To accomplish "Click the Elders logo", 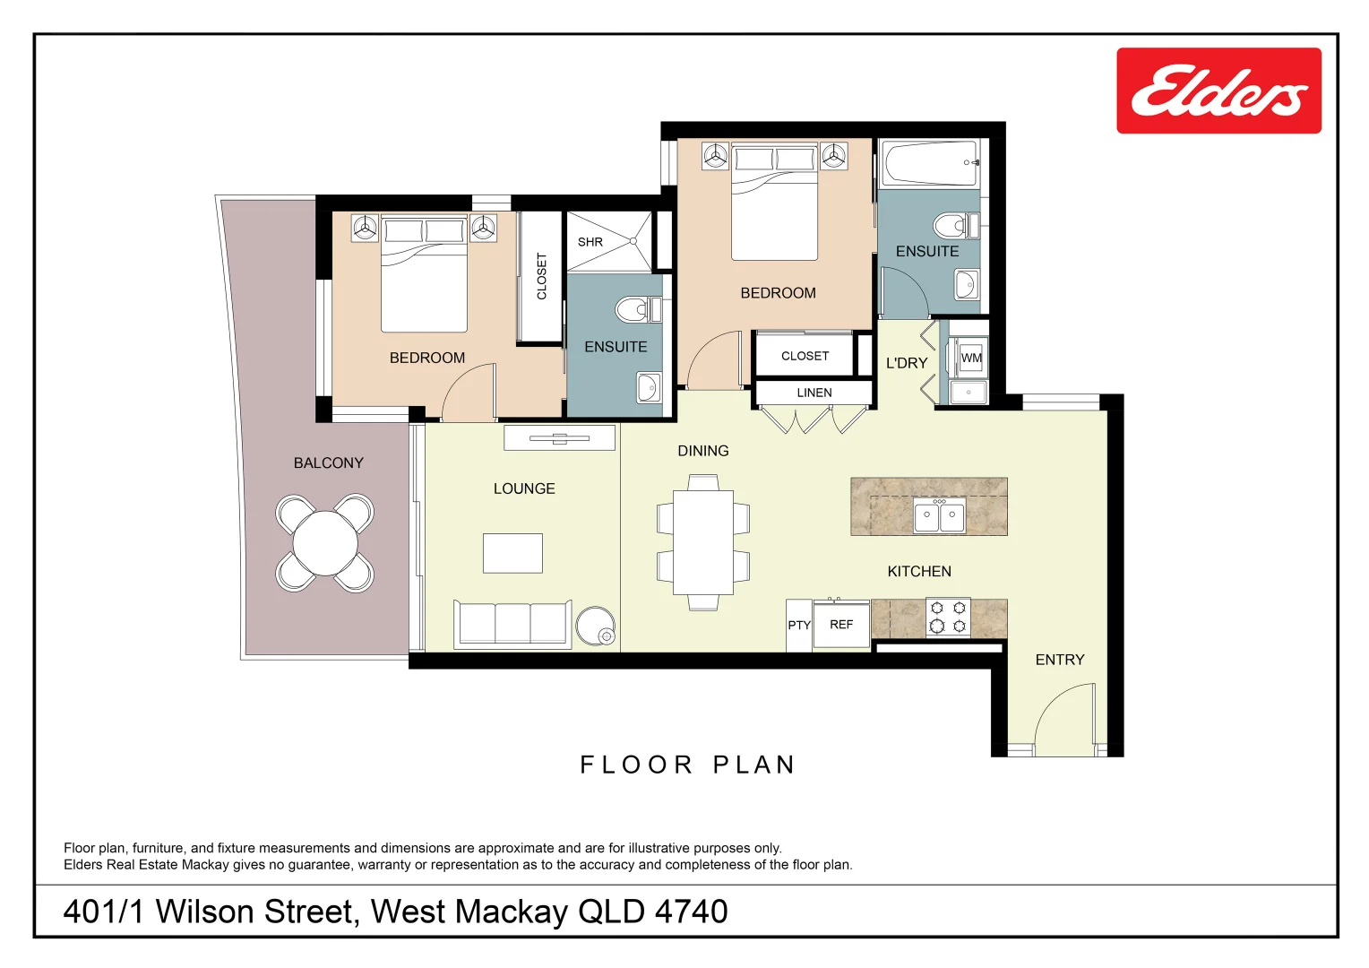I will (1218, 91).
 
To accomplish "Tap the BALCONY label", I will (328, 463).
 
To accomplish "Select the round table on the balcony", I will (324, 543).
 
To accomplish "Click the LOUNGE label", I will (524, 488).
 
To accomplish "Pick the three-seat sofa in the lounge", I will (512, 624).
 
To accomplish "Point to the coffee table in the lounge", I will (512, 553).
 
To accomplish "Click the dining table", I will (703, 542).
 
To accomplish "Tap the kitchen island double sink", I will (939, 515).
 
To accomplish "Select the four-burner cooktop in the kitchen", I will (948, 618).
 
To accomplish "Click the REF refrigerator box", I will (841, 625).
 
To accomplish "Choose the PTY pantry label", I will (798, 626).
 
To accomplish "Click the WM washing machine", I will (970, 358).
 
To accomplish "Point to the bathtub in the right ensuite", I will (931, 163).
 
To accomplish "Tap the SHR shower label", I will (590, 242).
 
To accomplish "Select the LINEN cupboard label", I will (814, 393).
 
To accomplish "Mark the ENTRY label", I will (1059, 660).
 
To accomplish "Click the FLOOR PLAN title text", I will (687, 765).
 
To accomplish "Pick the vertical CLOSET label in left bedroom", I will (541, 276).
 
